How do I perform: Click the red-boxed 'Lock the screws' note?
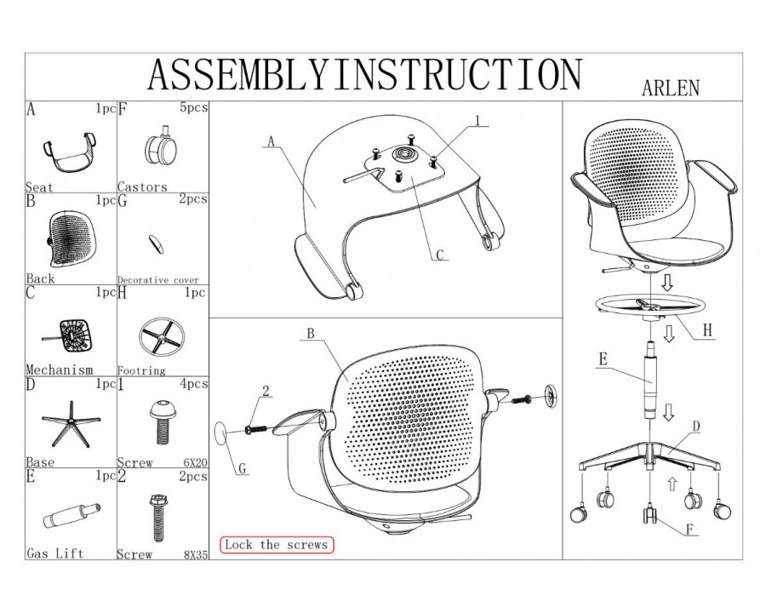pyautogui.click(x=276, y=545)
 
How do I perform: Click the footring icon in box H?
pyautogui.click(x=160, y=337)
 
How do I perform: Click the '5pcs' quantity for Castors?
pyautogui.click(x=194, y=109)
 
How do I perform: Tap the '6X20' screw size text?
pyautogui.click(x=194, y=463)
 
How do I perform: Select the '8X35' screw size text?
pyautogui.click(x=194, y=554)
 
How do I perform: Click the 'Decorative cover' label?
pyautogui.click(x=157, y=280)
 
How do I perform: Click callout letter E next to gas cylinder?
pyautogui.click(x=603, y=359)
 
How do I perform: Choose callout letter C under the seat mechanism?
pyautogui.click(x=439, y=253)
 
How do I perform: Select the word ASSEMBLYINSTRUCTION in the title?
pyautogui.click(x=364, y=75)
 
